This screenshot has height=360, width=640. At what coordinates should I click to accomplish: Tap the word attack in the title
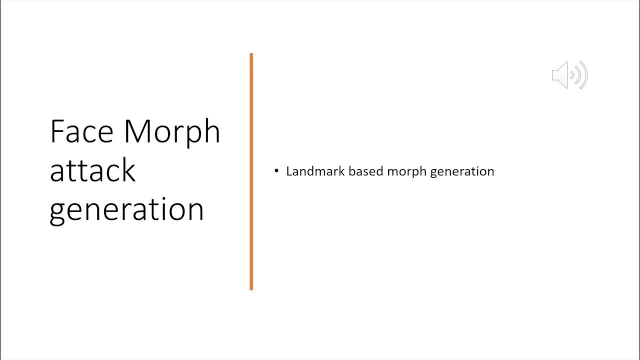(92, 170)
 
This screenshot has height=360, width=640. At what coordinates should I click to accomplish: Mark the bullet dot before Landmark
(276, 171)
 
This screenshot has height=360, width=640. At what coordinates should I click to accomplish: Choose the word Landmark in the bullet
(315, 171)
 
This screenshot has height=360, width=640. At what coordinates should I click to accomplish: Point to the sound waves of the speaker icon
(580, 75)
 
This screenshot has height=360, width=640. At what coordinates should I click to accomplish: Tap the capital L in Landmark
(289, 171)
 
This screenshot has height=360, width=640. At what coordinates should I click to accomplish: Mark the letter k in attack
(128, 170)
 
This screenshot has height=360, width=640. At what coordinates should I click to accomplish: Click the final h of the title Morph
(212, 131)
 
